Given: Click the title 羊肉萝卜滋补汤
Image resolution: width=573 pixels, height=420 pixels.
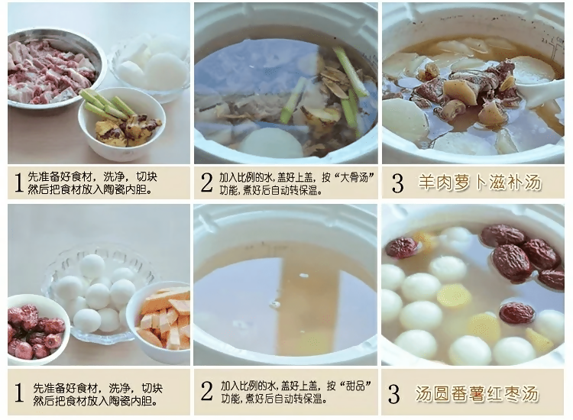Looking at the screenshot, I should pos(479,183).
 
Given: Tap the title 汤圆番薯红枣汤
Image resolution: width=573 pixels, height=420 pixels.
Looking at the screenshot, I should pos(479,394).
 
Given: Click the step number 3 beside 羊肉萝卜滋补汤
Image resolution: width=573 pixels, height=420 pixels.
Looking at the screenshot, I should pos(396,183).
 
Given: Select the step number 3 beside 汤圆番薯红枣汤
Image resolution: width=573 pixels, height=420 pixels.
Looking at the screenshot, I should pos(394,394).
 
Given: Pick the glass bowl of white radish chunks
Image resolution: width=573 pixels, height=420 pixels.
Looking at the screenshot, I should pos(149,65).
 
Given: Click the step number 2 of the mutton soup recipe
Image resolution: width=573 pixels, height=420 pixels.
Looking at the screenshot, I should pos(206,183).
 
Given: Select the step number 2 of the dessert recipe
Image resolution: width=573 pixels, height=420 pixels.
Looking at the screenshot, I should pos(206,393).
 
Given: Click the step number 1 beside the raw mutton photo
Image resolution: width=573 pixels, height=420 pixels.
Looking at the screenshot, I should pos(18,183).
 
